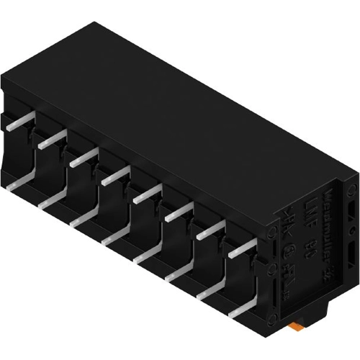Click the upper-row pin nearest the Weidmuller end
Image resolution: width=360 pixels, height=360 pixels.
(x=243, y=248)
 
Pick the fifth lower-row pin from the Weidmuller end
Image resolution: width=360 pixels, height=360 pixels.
(x=115, y=238)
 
